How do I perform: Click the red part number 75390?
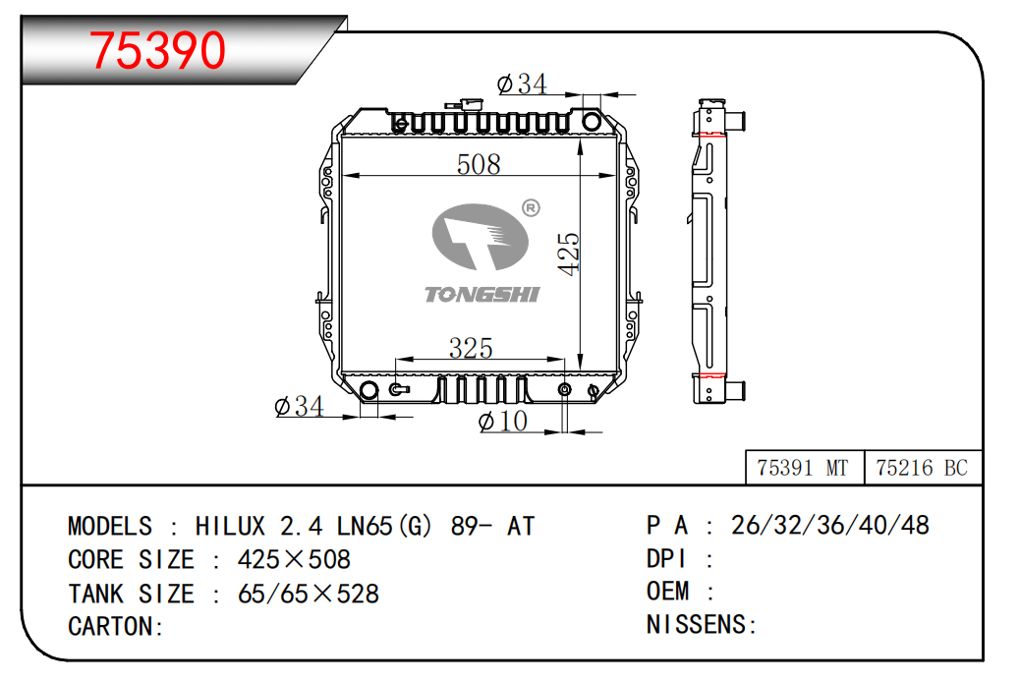pos(157,50)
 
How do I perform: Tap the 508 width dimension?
pos(479,164)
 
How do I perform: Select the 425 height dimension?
pos(569,254)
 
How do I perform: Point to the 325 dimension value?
pos(471,348)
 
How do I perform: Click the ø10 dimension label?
pos(503,421)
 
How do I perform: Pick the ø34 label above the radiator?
pos(522,84)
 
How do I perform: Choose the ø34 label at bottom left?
pos(299,406)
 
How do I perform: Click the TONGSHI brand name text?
pos(482,295)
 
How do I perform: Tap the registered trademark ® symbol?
pos(531,208)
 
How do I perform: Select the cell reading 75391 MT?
pos(803,468)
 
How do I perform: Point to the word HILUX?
pos(230,526)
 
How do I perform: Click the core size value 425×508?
pos(294,560)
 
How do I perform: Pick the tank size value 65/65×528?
pos(309,594)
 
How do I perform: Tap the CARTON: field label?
pos(116,627)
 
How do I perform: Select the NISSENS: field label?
pos(702,625)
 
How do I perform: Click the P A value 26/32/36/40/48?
pos(830,525)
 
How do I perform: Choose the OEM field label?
pos(667,592)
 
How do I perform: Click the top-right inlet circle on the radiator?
pos(592,121)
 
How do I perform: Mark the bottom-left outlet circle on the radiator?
pos(368,390)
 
